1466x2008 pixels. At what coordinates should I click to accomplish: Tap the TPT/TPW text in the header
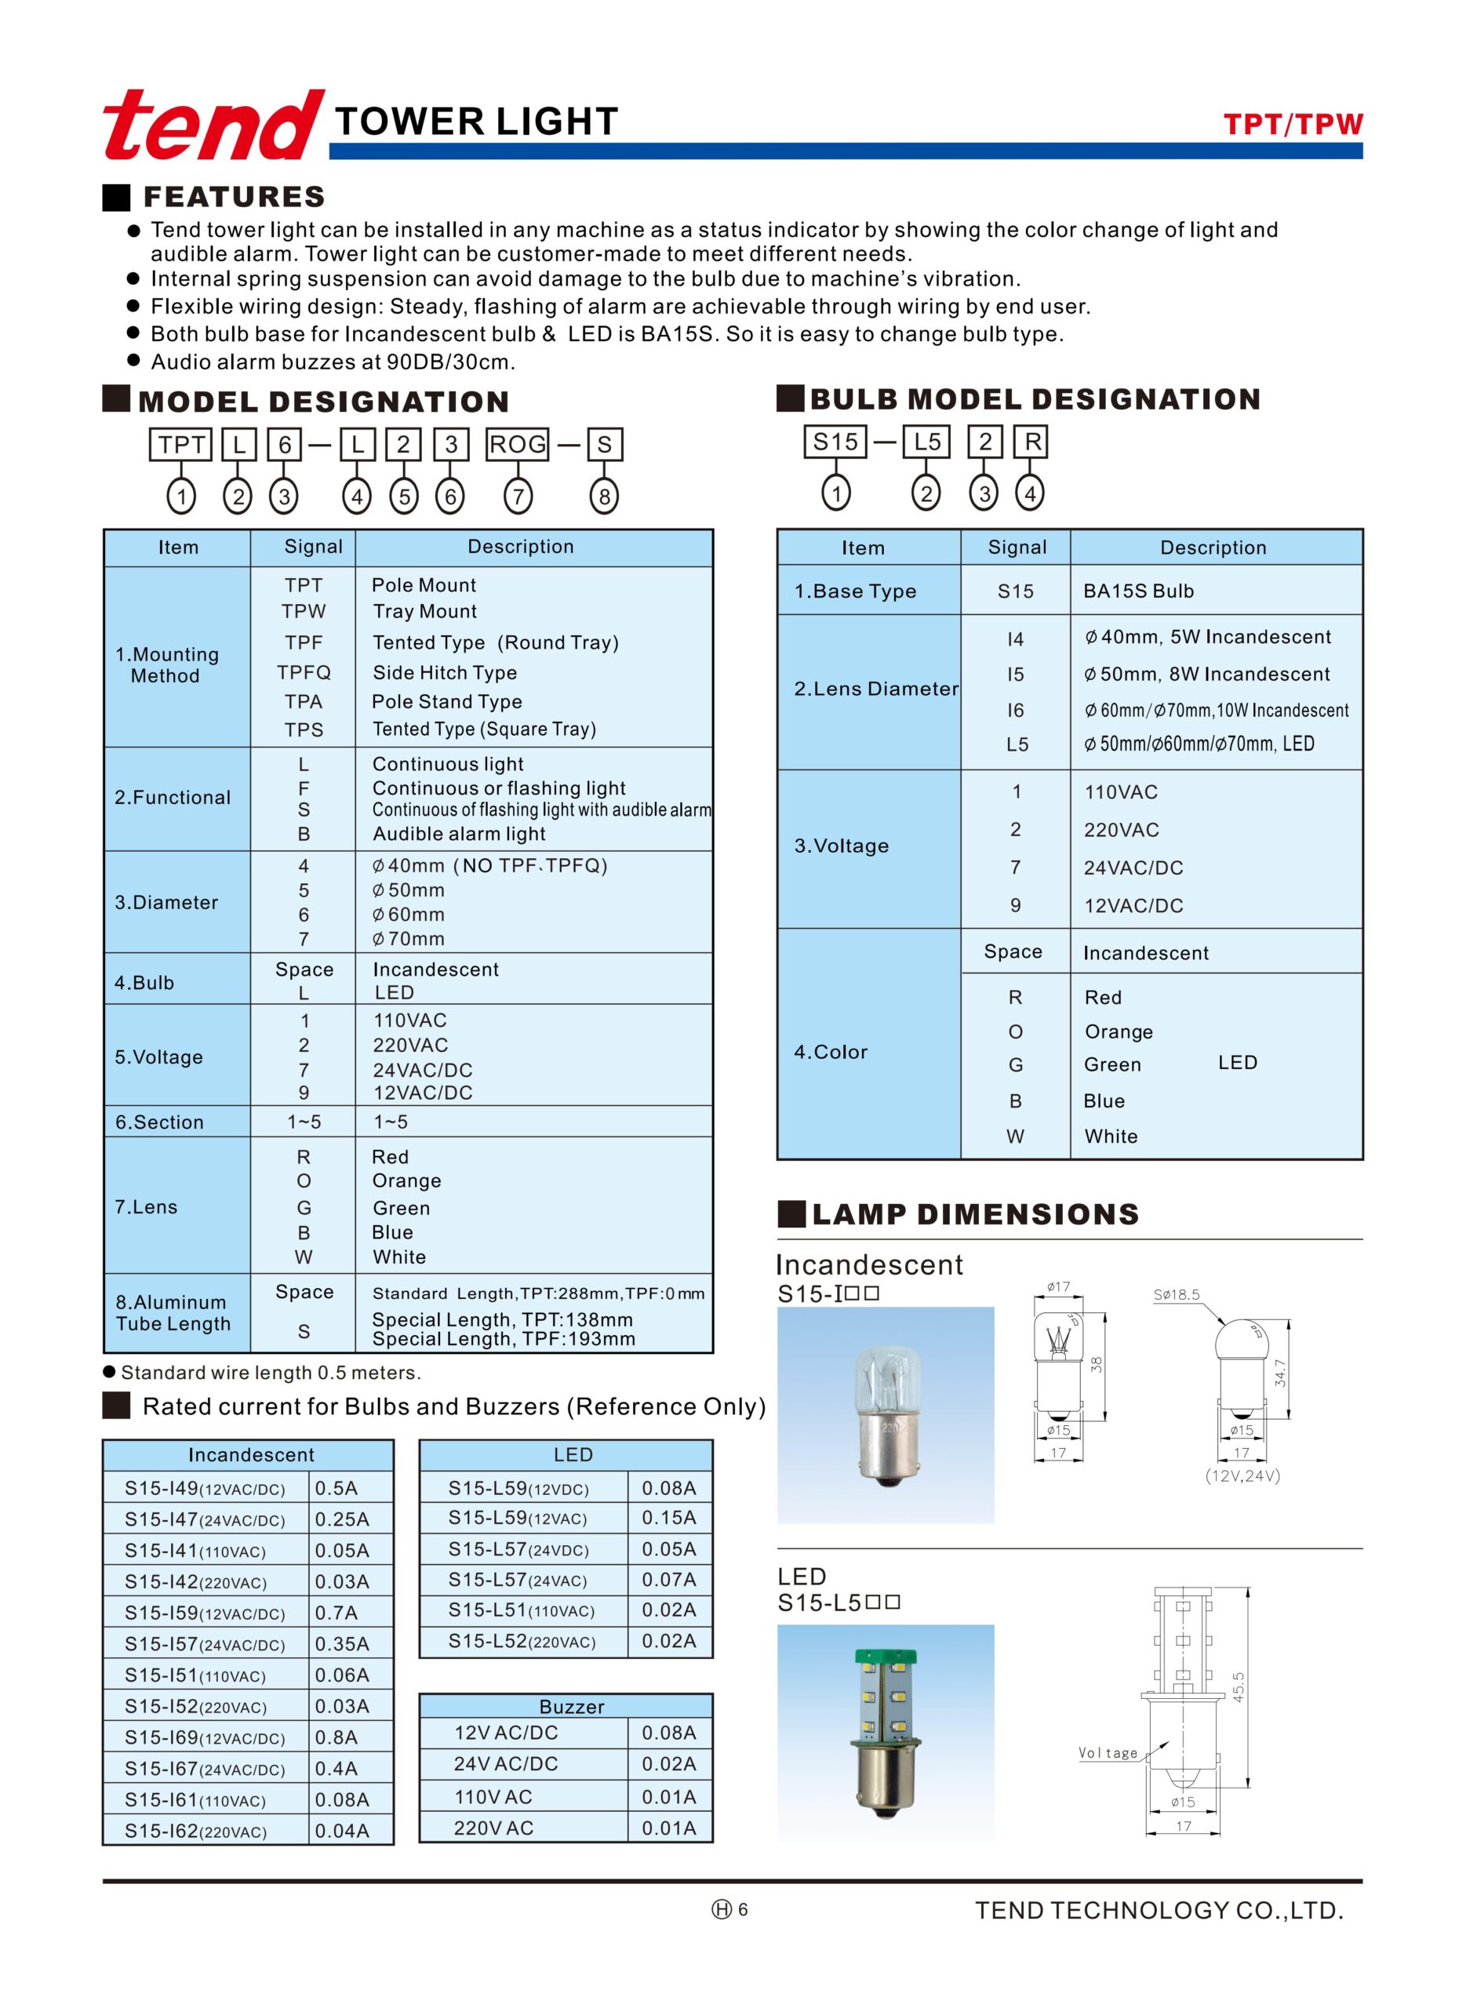point(1292,124)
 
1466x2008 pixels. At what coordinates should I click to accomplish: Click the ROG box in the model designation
point(518,445)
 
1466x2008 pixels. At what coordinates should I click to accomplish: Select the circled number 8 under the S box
point(604,496)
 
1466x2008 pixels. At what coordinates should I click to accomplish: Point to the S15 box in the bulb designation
point(835,442)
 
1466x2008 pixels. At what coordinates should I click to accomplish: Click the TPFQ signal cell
point(304,672)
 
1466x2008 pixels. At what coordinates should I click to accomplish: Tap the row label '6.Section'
point(160,1122)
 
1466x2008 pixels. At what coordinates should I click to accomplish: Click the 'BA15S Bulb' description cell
point(1139,591)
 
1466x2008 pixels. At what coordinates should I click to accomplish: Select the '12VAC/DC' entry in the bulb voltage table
point(1133,906)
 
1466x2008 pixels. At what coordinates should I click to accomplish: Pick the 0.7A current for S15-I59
point(336,1613)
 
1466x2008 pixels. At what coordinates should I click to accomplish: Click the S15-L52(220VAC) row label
point(522,1642)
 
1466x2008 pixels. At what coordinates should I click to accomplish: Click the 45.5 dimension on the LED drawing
point(1239,1686)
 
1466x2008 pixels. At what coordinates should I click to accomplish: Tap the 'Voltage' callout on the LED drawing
point(1108,1753)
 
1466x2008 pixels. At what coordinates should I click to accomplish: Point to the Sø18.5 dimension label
point(1177,1296)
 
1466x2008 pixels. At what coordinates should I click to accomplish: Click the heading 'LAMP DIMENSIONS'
point(975,1214)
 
